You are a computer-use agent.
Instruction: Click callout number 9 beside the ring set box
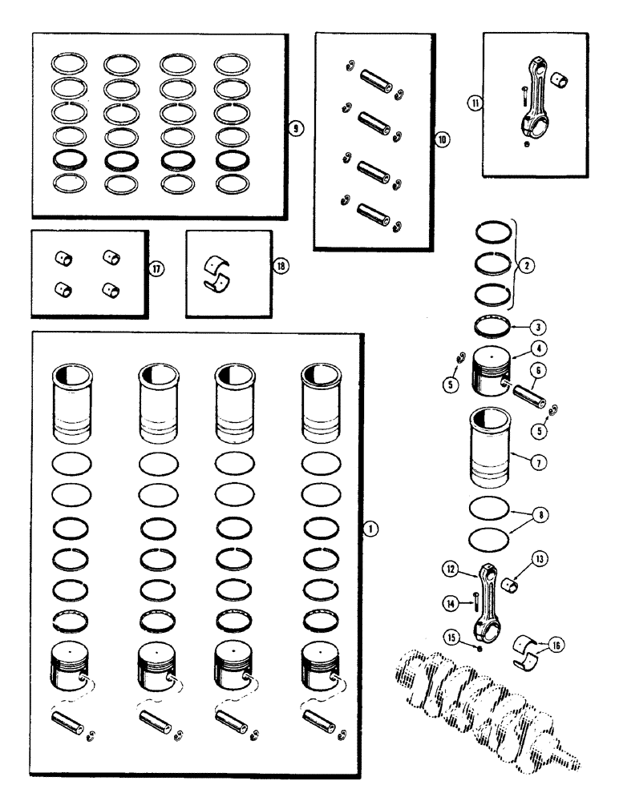click(295, 127)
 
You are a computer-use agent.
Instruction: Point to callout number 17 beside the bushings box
click(157, 268)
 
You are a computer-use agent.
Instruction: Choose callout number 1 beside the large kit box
click(370, 529)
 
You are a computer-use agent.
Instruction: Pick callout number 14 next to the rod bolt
click(451, 601)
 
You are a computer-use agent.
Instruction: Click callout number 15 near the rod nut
click(452, 638)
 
